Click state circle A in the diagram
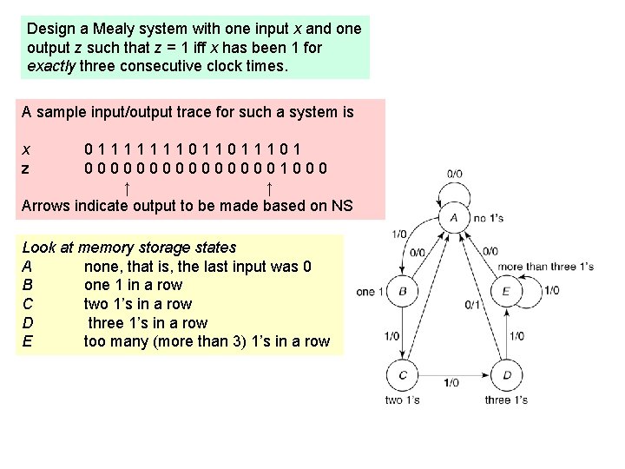pyautogui.click(x=454, y=217)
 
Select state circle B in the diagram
pyautogui.click(x=402, y=292)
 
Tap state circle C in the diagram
pyautogui.click(x=402, y=375)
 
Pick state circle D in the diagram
pyautogui.click(x=507, y=375)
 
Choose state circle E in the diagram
pyautogui.click(x=506, y=292)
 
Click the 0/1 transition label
pyautogui.click(x=471, y=305)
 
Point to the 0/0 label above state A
pyautogui.click(x=453, y=174)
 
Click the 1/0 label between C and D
pyautogui.click(x=451, y=382)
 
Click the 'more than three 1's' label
pyautogui.click(x=545, y=267)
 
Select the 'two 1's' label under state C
pyautogui.click(x=402, y=400)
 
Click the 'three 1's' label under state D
pyautogui.click(x=506, y=400)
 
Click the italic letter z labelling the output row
pyautogui.click(x=26, y=168)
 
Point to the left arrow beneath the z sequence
pyautogui.click(x=128, y=188)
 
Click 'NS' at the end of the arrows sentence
pyautogui.click(x=343, y=206)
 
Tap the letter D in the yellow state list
pyautogui.click(x=27, y=323)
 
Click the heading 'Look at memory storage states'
pyautogui.click(x=128, y=248)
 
